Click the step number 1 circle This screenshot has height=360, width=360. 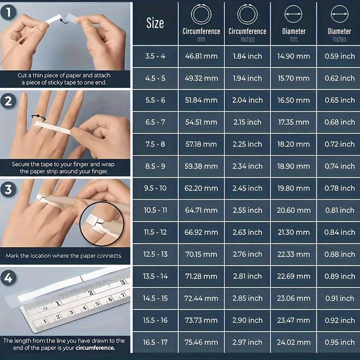click(8, 13)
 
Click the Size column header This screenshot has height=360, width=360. click(155, 23)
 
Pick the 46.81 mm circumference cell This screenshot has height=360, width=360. click(201, 56)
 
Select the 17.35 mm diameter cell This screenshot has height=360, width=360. click(293, 122)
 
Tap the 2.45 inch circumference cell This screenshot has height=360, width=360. click(247, 188)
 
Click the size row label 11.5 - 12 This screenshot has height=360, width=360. click(155, 232)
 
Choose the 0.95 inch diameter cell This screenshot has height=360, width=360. click(339, 342)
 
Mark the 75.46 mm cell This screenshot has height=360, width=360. click(201, 342)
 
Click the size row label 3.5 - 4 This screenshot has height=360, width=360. click(155, 56)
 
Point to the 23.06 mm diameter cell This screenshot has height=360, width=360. click(293, 298)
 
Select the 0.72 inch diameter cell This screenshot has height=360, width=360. click(339, 144)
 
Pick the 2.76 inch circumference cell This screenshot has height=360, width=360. click(247, 254)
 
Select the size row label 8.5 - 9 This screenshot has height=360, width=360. click(155, 166)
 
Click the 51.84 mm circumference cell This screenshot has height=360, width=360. click(201, 100)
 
